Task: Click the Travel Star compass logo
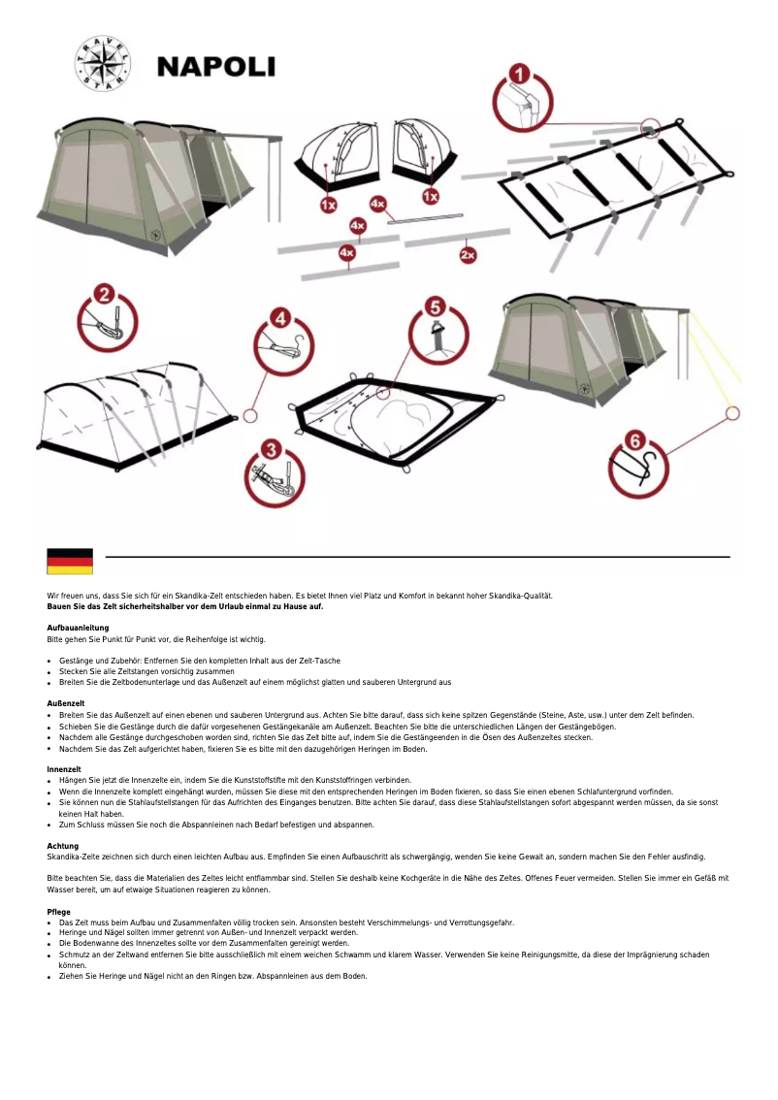click(102, 65)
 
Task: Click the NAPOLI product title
click(216, 67)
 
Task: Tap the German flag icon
click(70, 561)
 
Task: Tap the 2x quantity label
click(469, 255)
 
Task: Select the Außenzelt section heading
click(66, 703)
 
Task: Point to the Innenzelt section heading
click(64, 769)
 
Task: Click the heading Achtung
click(62, 846)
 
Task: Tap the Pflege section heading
click(59, 912)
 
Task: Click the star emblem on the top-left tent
click(153, 233)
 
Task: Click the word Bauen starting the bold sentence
click(59, 606)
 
